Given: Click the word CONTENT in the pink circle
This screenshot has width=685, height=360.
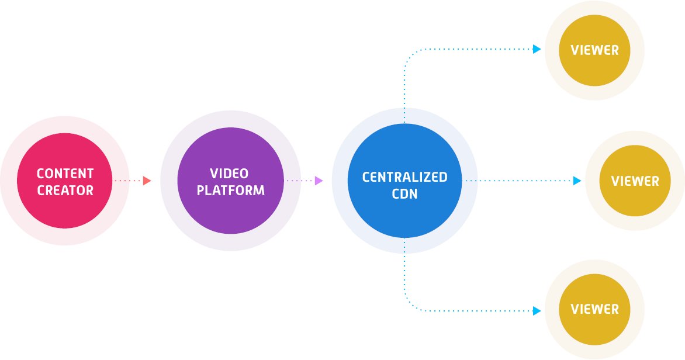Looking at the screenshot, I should pyautogui.click(x=65, y=174).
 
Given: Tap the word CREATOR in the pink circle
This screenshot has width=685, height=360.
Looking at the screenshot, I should pyautogui.click(x=65, y=191).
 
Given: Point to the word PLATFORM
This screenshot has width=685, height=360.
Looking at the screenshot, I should pyautogui.click(x=230, y=191).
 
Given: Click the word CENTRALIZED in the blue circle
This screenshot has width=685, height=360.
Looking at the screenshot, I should pyautogui.click(x=404, y=177).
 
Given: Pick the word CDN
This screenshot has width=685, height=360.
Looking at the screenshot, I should pyautogui.click(x=404, y=194).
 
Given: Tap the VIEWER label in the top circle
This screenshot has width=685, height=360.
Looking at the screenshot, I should pyautogui.click(x=594, y=50).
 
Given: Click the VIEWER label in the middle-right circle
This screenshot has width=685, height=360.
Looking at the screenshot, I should pyautogui.click(x=635, y=181).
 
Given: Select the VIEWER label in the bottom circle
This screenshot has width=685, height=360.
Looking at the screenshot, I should pyautogui.click(x=594, y=309).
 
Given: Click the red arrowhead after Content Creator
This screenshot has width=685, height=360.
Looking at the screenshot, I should pyautogui.click(x=147, y=181).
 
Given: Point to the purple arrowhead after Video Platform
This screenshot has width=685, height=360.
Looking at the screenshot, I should pyautogui.click(x=319, y=181).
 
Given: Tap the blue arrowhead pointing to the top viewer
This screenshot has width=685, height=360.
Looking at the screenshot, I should pyautogui.click(x=537, y=50).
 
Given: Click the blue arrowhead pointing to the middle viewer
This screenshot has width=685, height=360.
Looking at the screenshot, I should pyautogui.click(x=577, y=181).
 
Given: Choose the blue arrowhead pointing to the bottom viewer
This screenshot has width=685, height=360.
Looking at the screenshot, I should pyautogui.click(x=537, y=311).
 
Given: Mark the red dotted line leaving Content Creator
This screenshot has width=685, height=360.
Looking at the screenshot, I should pyautogui.click(x=129, y=181).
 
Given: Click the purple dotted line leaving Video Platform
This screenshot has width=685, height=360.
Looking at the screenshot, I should pyautogui.click(x=299, y=181).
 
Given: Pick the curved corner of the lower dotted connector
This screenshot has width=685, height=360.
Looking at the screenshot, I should pyautogui.click(x=408, y=307).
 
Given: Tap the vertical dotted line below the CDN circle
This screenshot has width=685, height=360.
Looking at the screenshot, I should pyautogui.click(x=404, y=269).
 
